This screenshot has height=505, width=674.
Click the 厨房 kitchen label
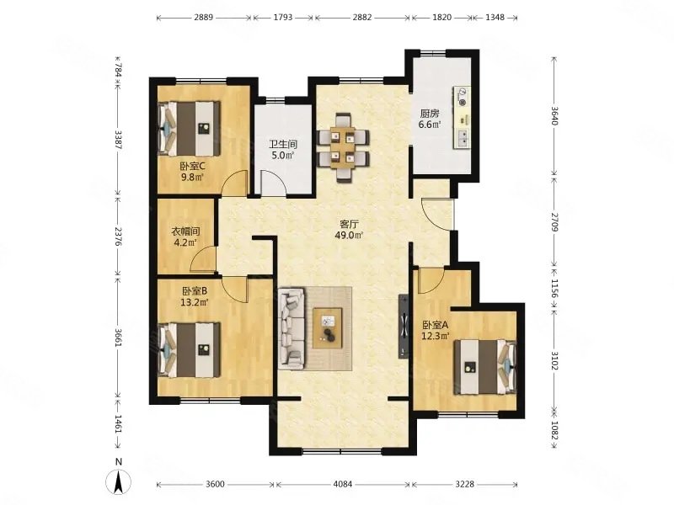pyautogui.click(x=430, y=114)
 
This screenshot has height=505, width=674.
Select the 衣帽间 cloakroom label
pyautogui.click(x=185, y=231)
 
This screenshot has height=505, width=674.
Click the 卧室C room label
pyautogui.click(x=192, y=166)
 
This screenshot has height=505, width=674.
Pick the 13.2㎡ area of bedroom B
pyautogui.click(x=195, y=302)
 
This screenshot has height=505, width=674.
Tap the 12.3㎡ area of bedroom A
pyautogui.click(x=436, y=336)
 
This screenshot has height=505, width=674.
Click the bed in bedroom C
pyautogui.click(x=189, y=128)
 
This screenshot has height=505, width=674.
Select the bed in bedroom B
pyautogui.click(x=189, y=350)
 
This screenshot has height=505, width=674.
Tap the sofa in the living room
pyautogui.click(x=292, y=328)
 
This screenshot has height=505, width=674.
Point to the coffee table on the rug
pyautogui.click(x=328, y=328)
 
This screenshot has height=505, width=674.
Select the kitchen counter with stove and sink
pyautogui.click(x=462, y=117)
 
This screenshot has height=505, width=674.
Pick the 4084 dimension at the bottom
pyautogui.click(x=343, y=485)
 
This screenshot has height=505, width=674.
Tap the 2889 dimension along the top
pyautogui.click(x=203, y=18)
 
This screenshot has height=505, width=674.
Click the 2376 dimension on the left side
pyautogui.click(x=119, y=236)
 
